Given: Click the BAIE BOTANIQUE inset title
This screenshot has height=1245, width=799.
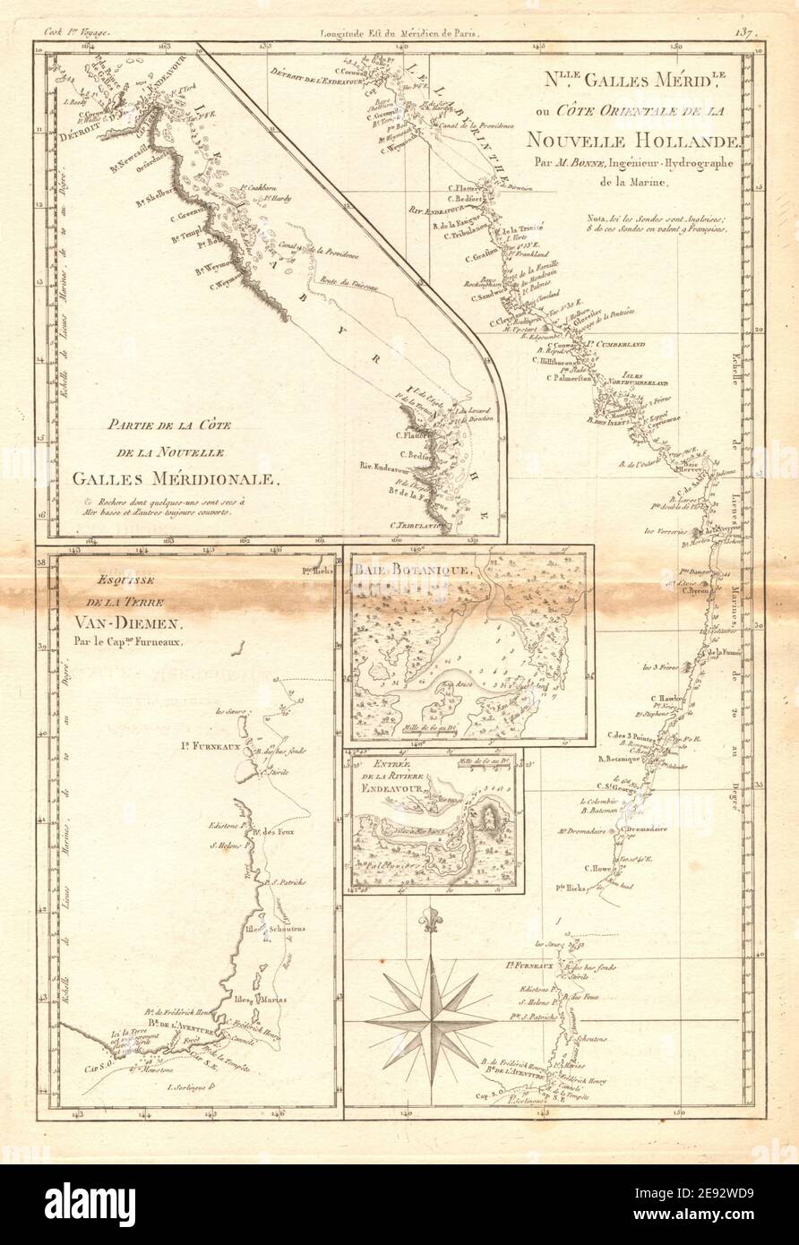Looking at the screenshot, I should [x=407, y=570].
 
